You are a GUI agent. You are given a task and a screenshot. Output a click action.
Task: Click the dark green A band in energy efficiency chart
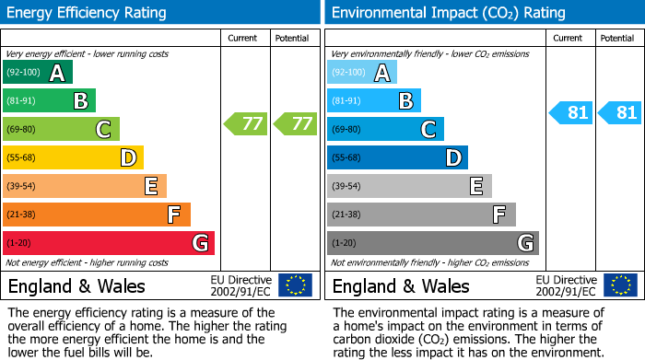click(37, 72)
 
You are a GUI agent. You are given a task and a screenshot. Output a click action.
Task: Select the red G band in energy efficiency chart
click(108, 243)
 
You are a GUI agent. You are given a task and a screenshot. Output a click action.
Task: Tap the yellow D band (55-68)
click(73, 157)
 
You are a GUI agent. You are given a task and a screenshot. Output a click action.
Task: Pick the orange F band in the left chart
click(96, 215)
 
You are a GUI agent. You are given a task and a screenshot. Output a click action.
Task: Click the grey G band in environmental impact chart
click(432, 243)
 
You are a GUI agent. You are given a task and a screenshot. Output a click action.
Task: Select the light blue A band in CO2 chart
click(362, 72)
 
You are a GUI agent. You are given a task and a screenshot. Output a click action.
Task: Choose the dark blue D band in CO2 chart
click(397, 157)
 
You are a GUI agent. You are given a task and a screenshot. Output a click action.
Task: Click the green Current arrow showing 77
click(246, 123)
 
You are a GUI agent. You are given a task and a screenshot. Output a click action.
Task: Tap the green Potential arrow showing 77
click(295, 123)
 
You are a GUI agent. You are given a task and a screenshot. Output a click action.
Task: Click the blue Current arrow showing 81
click(570, 112)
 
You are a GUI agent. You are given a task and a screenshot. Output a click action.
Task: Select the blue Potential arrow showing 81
click(619, 112)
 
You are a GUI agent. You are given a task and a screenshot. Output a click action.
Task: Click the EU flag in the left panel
click(295, 285)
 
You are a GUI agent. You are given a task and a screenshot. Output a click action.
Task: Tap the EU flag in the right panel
click(619, 285)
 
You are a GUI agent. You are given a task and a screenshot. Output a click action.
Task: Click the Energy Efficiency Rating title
click(88, 13)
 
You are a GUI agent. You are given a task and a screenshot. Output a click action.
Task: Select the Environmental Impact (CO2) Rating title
click(448, 13)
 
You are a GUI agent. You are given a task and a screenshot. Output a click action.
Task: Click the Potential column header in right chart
click(617, 38)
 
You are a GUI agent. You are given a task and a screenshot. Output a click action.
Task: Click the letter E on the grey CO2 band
click(475, 186)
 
